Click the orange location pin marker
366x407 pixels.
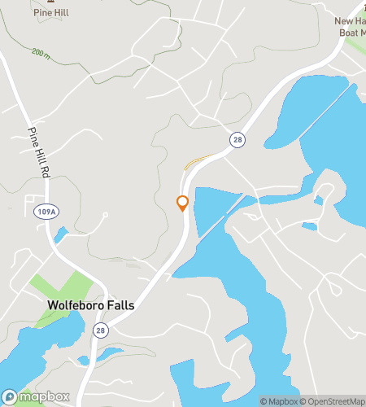point(183,203)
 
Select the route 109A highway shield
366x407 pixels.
point(47,212)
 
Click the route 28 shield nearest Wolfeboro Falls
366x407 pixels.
point(100,330)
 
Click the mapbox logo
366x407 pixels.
point(36,397)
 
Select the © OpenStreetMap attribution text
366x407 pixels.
point(334,400)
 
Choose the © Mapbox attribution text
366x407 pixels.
point(280,400)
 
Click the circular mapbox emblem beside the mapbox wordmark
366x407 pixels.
point(10,397)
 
